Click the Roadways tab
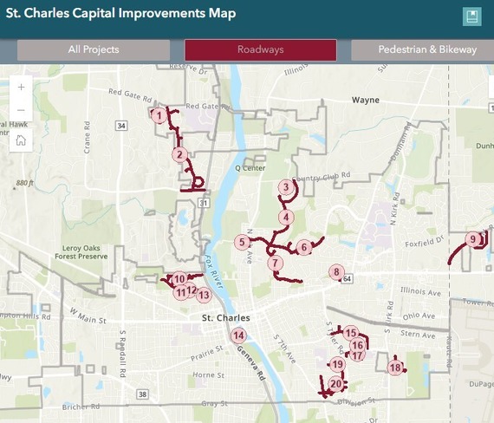coord(260,50)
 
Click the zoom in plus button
coord(21,87)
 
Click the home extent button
coord(21,140)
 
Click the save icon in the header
coord(471,16)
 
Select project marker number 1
coord(159,114)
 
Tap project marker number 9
coord(472,239)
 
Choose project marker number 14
coord(238,335)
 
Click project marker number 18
coord(395,368)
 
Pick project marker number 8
coord(336,272)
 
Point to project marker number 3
coord(285,187)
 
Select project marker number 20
coord(335,384)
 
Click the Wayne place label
coord(366,101)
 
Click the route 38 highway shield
coord(142,394)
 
